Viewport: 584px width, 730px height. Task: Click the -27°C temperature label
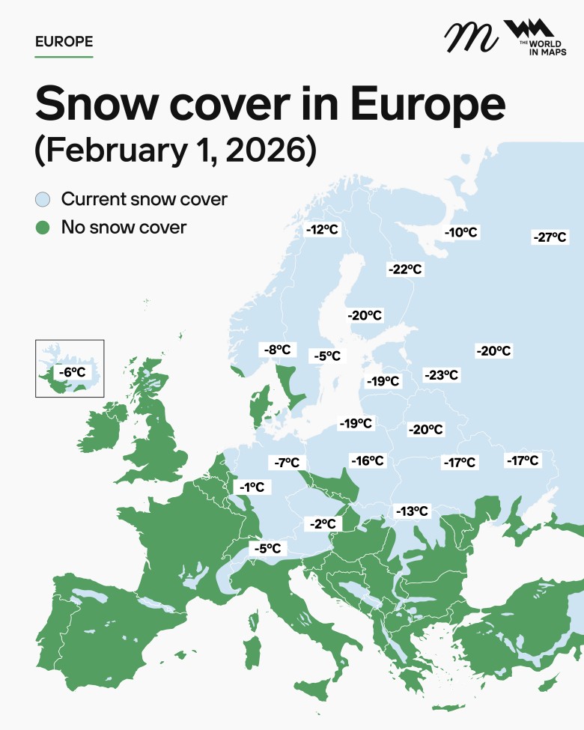click(x=550, y=237)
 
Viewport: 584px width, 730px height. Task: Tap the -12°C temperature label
click(x=323, y=230)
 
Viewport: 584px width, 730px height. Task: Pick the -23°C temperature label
click(x=441, y=375)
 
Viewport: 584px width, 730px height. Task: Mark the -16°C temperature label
click(x=368, y=460)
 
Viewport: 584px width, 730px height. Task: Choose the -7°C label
click(x=287, y=463)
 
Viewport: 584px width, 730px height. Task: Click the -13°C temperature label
click(x=412, y=511)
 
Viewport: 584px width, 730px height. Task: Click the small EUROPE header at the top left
click(x=64, y=41)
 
